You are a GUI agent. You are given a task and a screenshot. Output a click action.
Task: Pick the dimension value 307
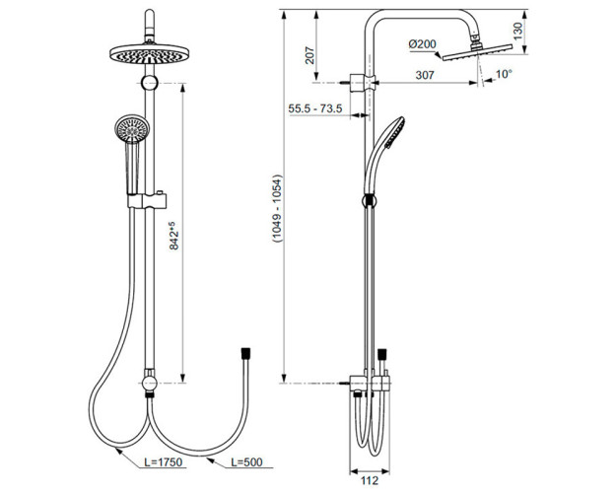(425, 75)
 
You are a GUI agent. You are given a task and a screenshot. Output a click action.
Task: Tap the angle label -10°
(503, 75)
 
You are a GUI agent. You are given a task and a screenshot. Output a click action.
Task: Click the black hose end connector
(244, 351)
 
